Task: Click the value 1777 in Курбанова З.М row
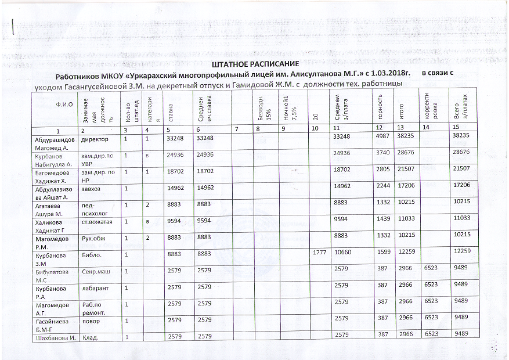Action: tap(320, 251)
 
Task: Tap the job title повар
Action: tap(91, 321)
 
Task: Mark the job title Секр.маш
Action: tap(96, 271)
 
